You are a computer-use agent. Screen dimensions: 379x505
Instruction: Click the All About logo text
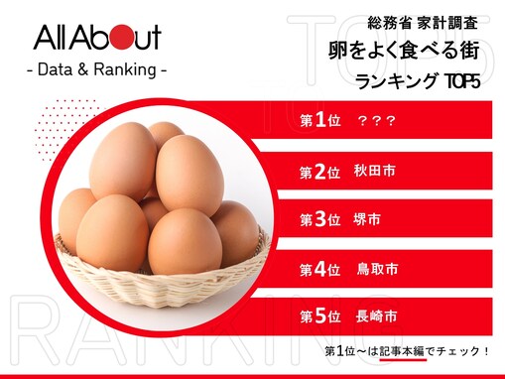[96, 40]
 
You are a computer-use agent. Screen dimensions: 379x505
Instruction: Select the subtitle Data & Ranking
[95, 70]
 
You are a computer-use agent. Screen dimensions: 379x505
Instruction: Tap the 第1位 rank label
[320, 120]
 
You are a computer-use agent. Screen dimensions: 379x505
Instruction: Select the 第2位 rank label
[320, 172]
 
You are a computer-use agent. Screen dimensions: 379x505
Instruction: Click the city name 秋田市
[375, 172]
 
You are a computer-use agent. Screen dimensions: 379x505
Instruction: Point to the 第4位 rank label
[320, 269]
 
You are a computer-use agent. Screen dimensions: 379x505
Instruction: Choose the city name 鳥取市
[375, 269]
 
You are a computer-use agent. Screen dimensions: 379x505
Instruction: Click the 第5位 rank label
[320, 317]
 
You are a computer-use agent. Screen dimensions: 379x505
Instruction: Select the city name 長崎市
[375, 317]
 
